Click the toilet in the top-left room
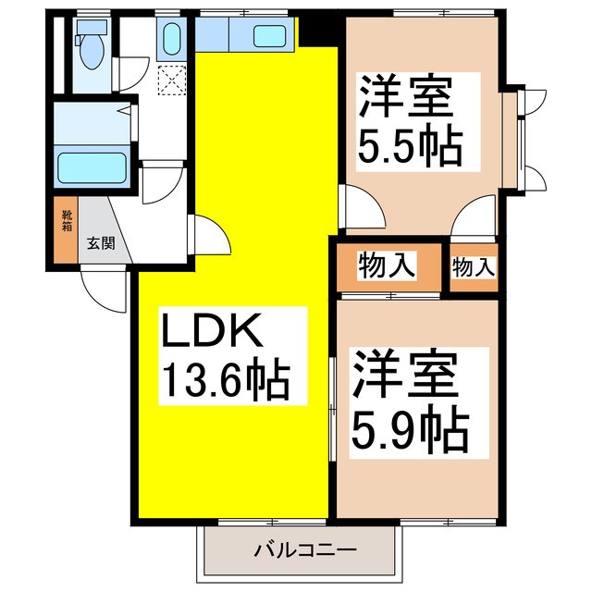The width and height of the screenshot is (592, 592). click(90, 50)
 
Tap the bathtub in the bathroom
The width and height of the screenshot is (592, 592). click(92, 167)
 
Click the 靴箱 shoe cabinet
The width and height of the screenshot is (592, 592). click(66, 231)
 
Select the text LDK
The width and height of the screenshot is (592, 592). click(215, 330)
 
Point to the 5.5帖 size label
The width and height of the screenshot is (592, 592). click(409, 145)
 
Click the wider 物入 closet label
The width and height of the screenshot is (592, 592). click(387, 267)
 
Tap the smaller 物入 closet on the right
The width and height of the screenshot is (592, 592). click(473, 267)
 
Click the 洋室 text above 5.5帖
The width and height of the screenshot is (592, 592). click(405, 98)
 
